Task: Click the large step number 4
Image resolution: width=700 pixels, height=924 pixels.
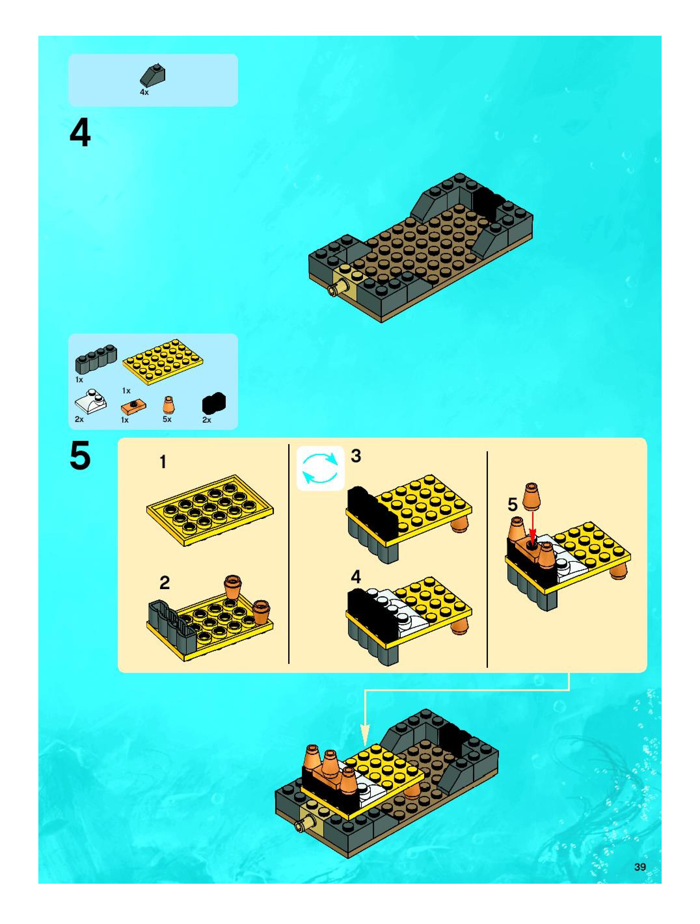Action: [80, 133]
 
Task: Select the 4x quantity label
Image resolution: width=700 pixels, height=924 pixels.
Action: [144, 92]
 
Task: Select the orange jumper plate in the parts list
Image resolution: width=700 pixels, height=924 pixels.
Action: [134, 404]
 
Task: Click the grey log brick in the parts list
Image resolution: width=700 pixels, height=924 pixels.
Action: [96, 359]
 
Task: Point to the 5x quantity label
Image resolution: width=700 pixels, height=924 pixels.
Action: [167, 419]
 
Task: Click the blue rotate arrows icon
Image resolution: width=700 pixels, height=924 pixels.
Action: [320, 468]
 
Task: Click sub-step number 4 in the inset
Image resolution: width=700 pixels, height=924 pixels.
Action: [356, 577]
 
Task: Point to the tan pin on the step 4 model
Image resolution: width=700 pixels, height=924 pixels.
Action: [336, 289]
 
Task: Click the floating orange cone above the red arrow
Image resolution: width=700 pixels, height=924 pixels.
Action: [531, 497]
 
